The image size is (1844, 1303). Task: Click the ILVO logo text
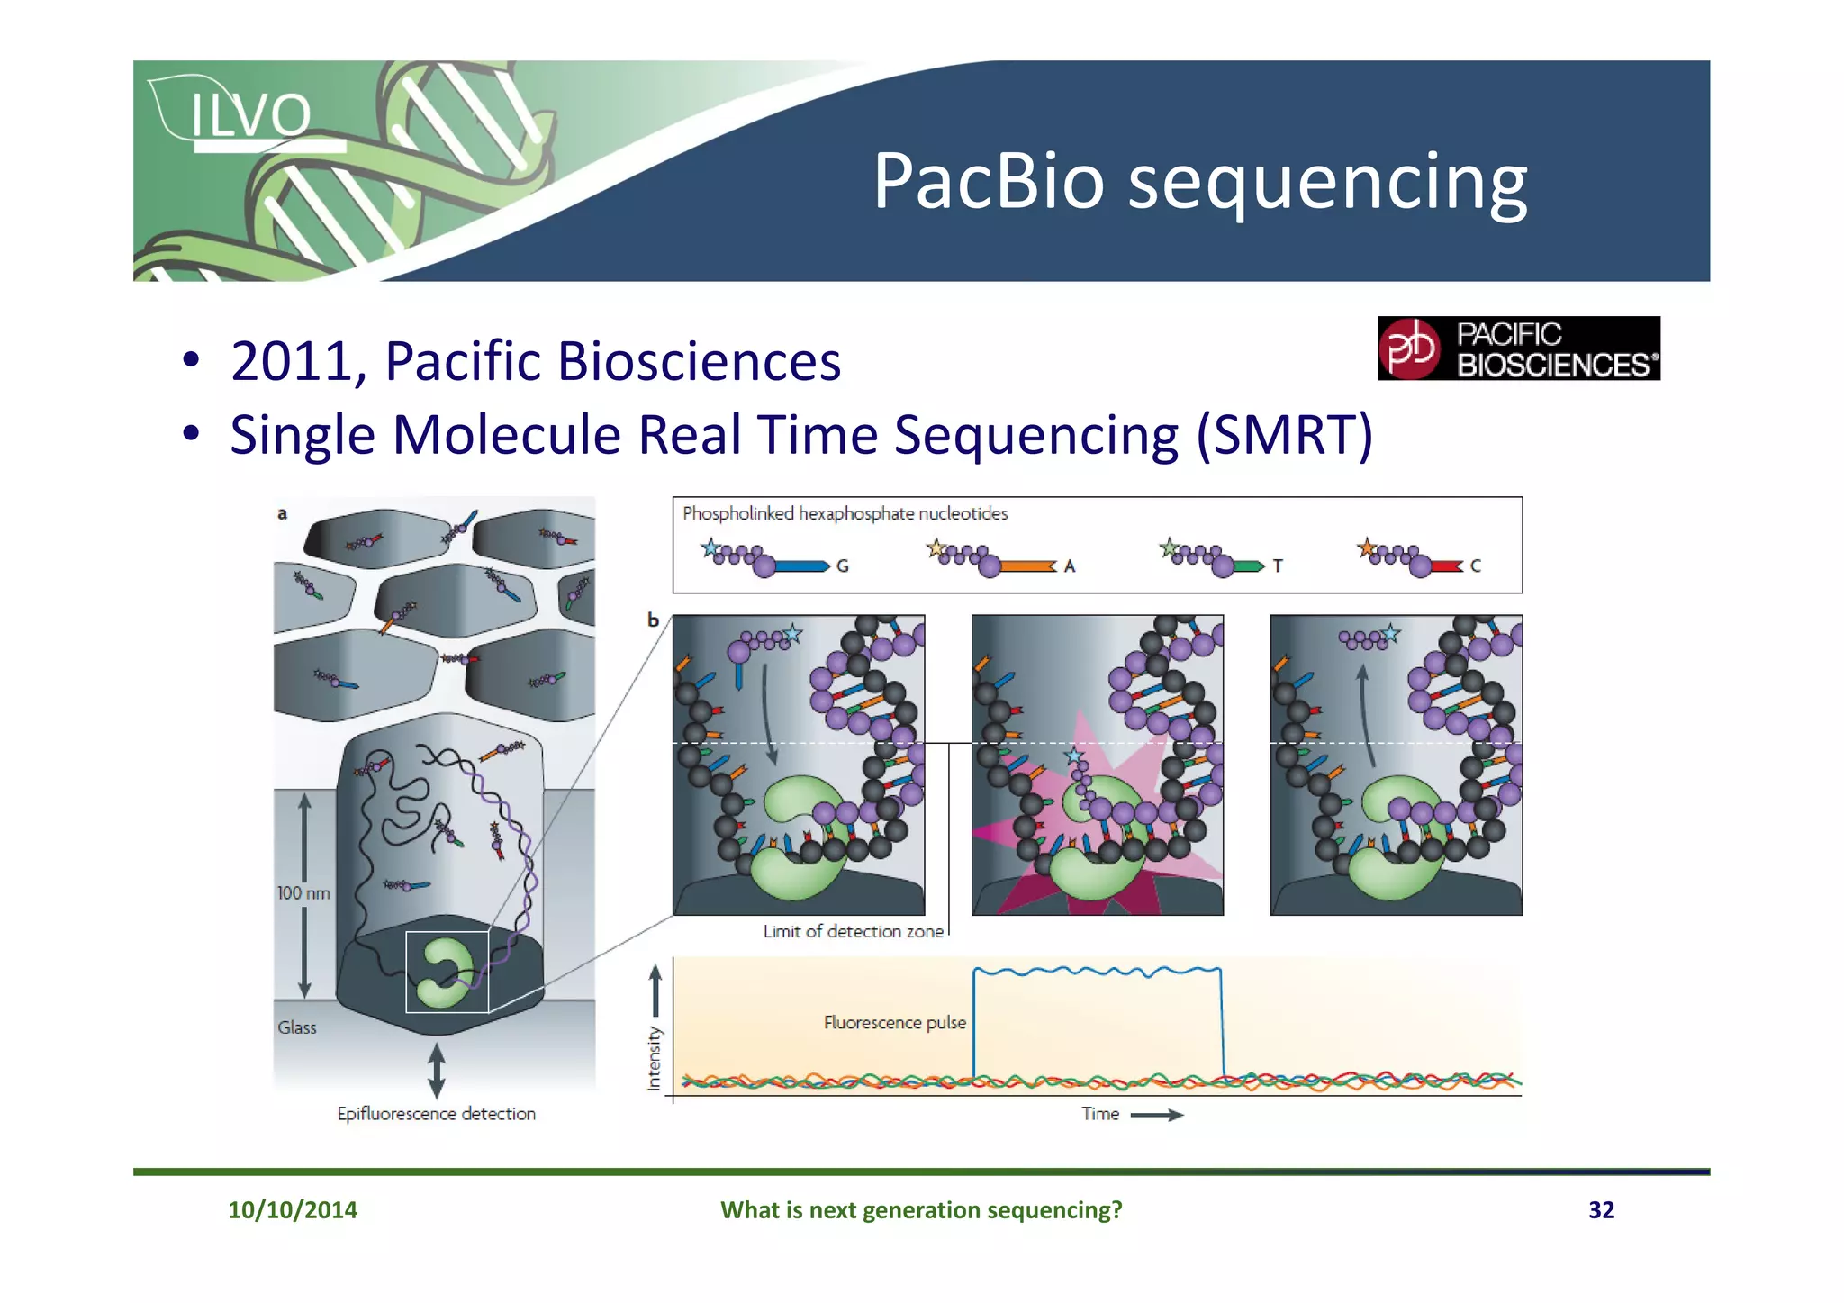coord(250,115)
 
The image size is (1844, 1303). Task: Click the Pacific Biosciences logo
coord(1518,348)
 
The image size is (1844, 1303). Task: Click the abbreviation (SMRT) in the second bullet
coord(1283,435)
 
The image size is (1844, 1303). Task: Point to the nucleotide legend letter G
coord(842,566)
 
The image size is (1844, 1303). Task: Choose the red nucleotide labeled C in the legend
coord(1445,566)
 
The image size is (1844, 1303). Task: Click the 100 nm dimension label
coord(303,893)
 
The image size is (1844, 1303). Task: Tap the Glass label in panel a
coord(297,1027)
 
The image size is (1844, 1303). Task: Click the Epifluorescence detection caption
coord(436,1114)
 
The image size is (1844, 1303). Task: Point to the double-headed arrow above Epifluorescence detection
coord(436,1070)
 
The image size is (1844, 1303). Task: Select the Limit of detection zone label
coord(853,932)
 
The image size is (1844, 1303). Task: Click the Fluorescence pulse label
coord(894,1023)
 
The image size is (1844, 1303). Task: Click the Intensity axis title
coord(655,1059)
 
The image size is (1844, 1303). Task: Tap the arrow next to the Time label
coord(1156,1115)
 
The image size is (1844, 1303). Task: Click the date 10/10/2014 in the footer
coord(293,1210)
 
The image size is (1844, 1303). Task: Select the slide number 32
coord(1601,1210)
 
